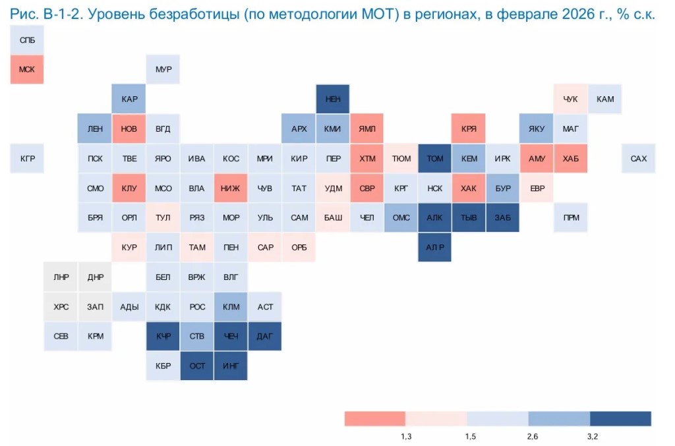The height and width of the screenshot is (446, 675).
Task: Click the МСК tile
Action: (27, 69)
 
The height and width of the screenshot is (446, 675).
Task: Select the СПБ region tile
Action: (27, 41)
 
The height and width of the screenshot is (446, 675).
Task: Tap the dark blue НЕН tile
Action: (333, 99)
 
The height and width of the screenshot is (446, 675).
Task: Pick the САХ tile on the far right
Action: (638, 159)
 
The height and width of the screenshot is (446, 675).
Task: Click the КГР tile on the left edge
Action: (27, 159)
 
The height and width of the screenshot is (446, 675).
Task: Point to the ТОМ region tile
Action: (435, 159)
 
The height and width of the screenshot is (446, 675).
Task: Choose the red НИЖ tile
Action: (231, 188)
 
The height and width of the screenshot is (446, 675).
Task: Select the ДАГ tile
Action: (265, 337)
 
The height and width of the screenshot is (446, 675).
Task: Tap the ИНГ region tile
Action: (231, 366)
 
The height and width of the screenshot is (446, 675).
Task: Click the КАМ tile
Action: (604, 99)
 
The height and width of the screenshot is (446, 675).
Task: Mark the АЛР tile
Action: (435, 247)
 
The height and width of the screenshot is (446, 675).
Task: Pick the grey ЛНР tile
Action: (61, 277)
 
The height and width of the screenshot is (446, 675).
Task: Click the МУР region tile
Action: (163, 69)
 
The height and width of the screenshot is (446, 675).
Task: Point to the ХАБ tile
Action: (570, 159)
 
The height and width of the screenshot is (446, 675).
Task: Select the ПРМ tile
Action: (570, 217)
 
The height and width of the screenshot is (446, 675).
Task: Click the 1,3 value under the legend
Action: (406, 436)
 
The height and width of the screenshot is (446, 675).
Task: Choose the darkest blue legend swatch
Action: (620, 419)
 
